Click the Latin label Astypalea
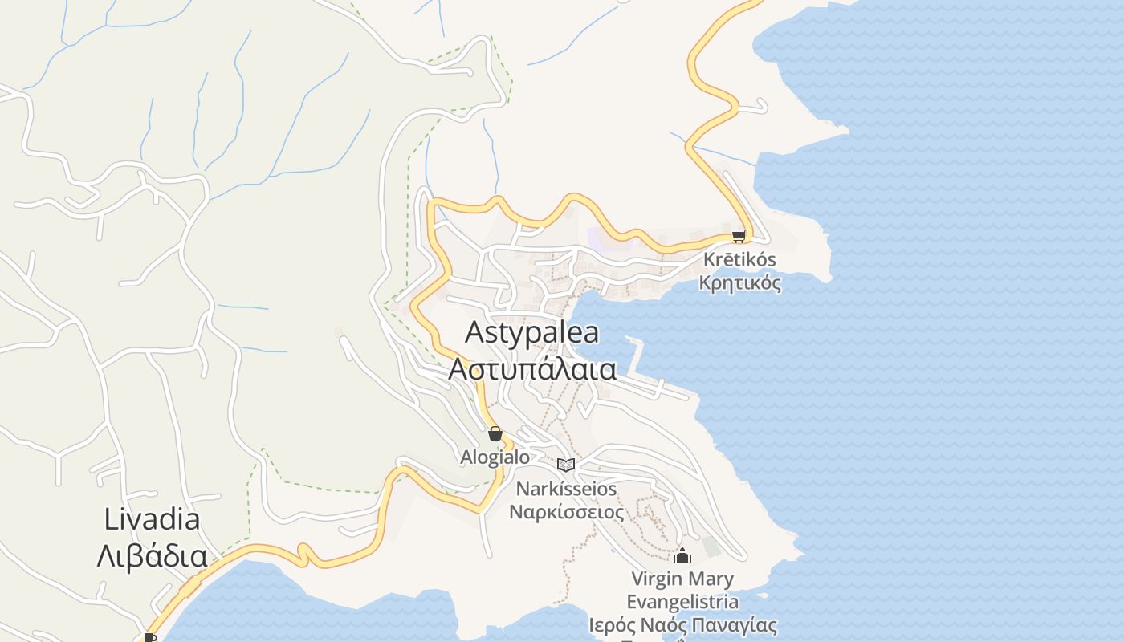[531, 332]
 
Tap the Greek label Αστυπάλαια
[531, 369]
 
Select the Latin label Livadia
[152, 519]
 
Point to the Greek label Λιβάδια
[152, 555]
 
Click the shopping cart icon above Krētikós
[739, 236]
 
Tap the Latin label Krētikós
[739, 260]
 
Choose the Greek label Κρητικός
[739, 283]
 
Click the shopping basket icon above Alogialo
[495, 434]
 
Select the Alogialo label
[495, 457]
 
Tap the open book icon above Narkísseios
[566, 465]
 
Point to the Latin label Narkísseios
[566, 489]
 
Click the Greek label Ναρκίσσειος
[566, 512]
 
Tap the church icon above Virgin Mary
[682, 555]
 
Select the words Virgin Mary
[682, 579]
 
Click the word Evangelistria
[682, 602]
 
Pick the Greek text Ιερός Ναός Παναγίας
[682, 625]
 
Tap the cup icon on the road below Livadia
[149, 637]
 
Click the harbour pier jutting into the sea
[639, 357]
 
